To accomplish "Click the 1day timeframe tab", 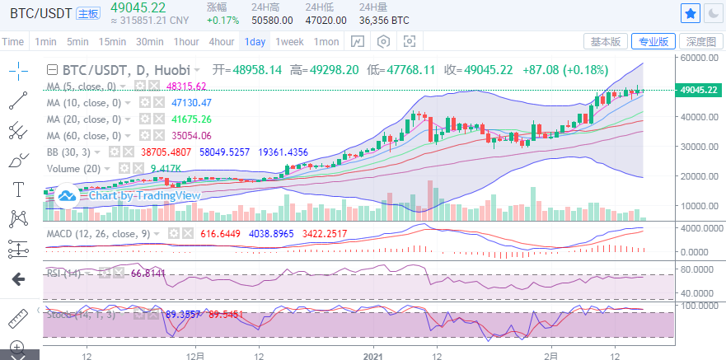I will pyautogui.click(x=255, y=41).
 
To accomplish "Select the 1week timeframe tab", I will pyautogui.click(x=289, y=41).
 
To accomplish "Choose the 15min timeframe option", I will pyautogui.click(x=112, y=41).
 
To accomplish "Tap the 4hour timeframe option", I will pyautogui.click(x=221, y=41).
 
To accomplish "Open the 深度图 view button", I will pyautogui.click(x=701, y=41).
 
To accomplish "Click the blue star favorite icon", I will pyautogui.click(x=691, y=13).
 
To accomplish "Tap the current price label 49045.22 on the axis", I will pyautogui.click(x=697, y=90).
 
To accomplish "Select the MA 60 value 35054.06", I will pyautogui.click(x=189, y=135).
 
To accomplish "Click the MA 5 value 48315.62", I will pyautogui.click(x=185, y=86).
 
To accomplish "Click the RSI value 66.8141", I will pyautogui.click(x=148, y=273).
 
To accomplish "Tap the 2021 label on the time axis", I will pyautogui.click(x=373, y=356).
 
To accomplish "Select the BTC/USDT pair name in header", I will pyautogui.click(x=39, y=13).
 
